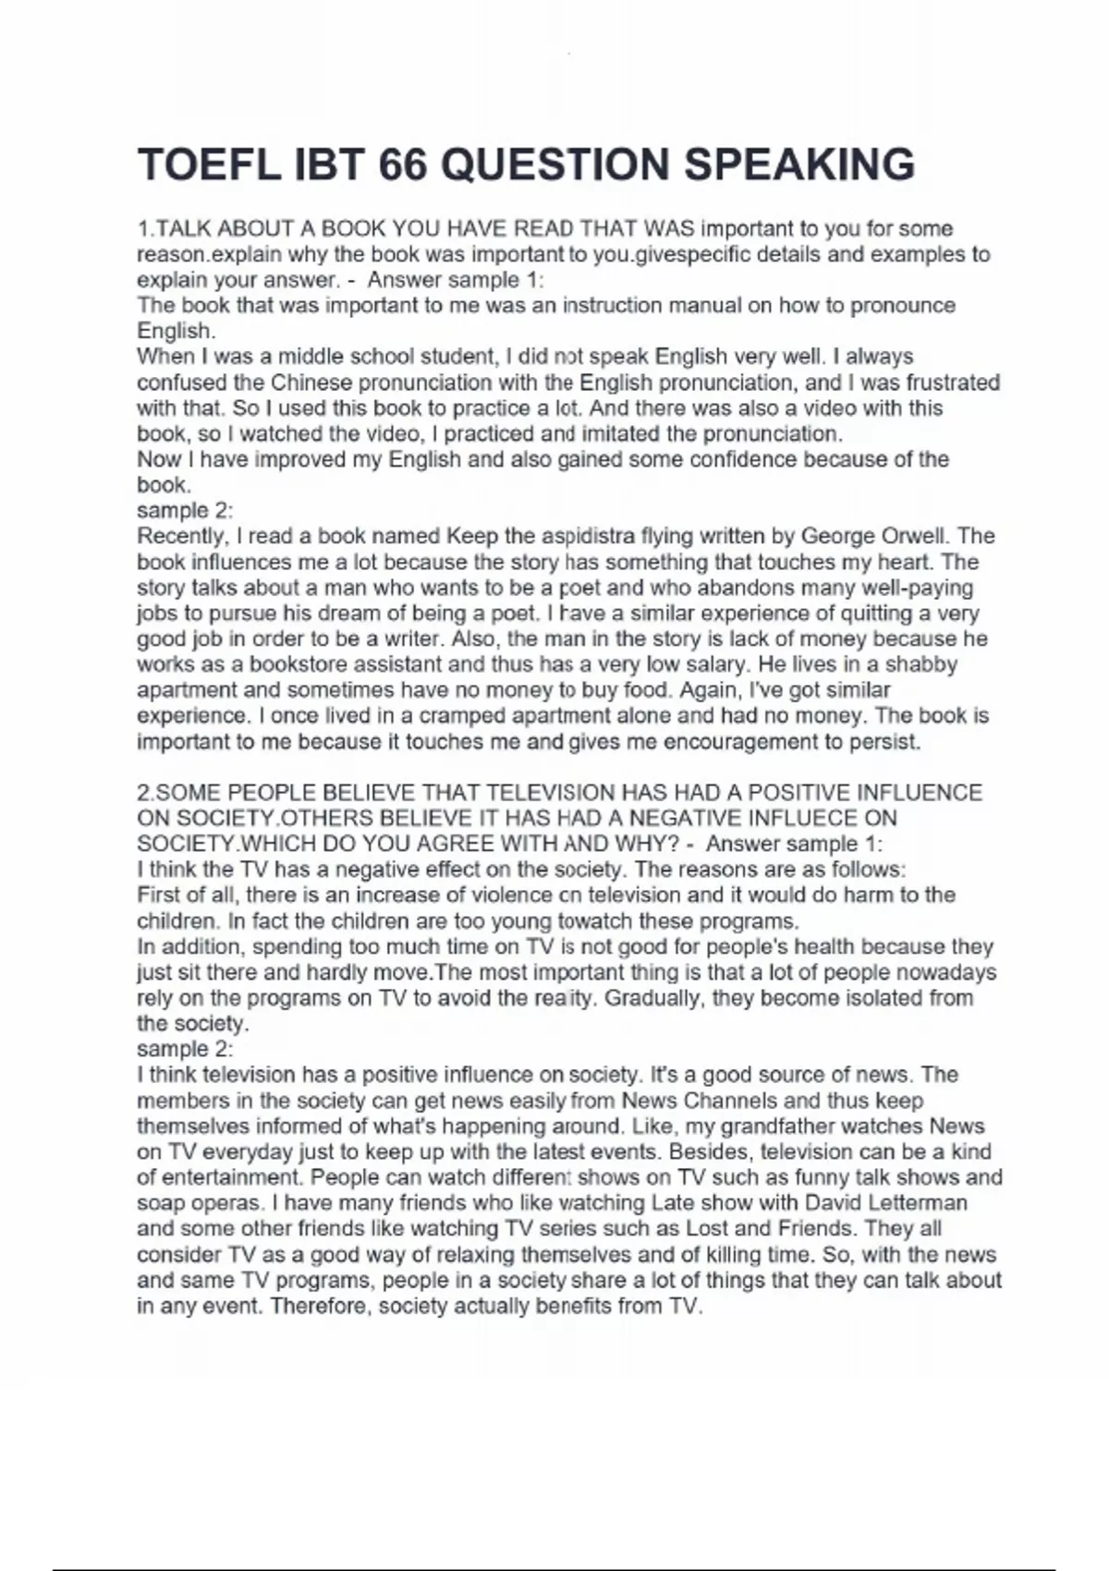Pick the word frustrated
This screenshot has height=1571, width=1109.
click(x=953, y=383)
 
